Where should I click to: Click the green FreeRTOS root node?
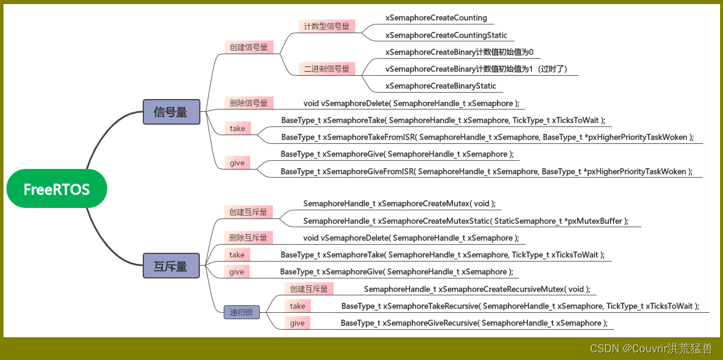tap(57, 189)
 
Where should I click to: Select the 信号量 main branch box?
tap(171, 112)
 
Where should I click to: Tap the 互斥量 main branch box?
tap(171, 266)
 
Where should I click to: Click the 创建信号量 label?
tap(249, 47)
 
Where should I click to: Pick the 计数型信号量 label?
tap(326, 26)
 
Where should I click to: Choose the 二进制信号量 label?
tap(326, 69)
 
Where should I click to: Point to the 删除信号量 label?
tap(248, 103)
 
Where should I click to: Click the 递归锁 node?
tap(241, 312)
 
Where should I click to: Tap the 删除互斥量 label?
tap(248, 238)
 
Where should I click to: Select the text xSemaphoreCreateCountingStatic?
tap(446, 36)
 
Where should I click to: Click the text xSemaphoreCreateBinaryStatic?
tap(440, 86)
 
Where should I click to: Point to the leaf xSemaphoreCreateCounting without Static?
tap(436, 18)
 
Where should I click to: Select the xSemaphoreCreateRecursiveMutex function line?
tap(477, 289)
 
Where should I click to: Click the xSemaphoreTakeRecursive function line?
tap(520, 306)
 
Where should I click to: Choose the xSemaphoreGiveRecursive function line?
tap(474, 323)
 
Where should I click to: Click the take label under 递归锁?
tap(297, 306)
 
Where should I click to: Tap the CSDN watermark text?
tap(651, 348)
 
